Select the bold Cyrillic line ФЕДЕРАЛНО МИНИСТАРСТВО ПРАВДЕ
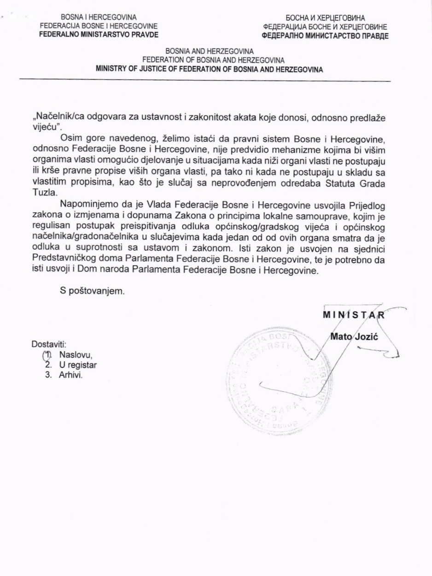[x=325, y=35]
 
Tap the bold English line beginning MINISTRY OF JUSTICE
[x=210, y=70]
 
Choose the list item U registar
[x=77, y=365]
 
